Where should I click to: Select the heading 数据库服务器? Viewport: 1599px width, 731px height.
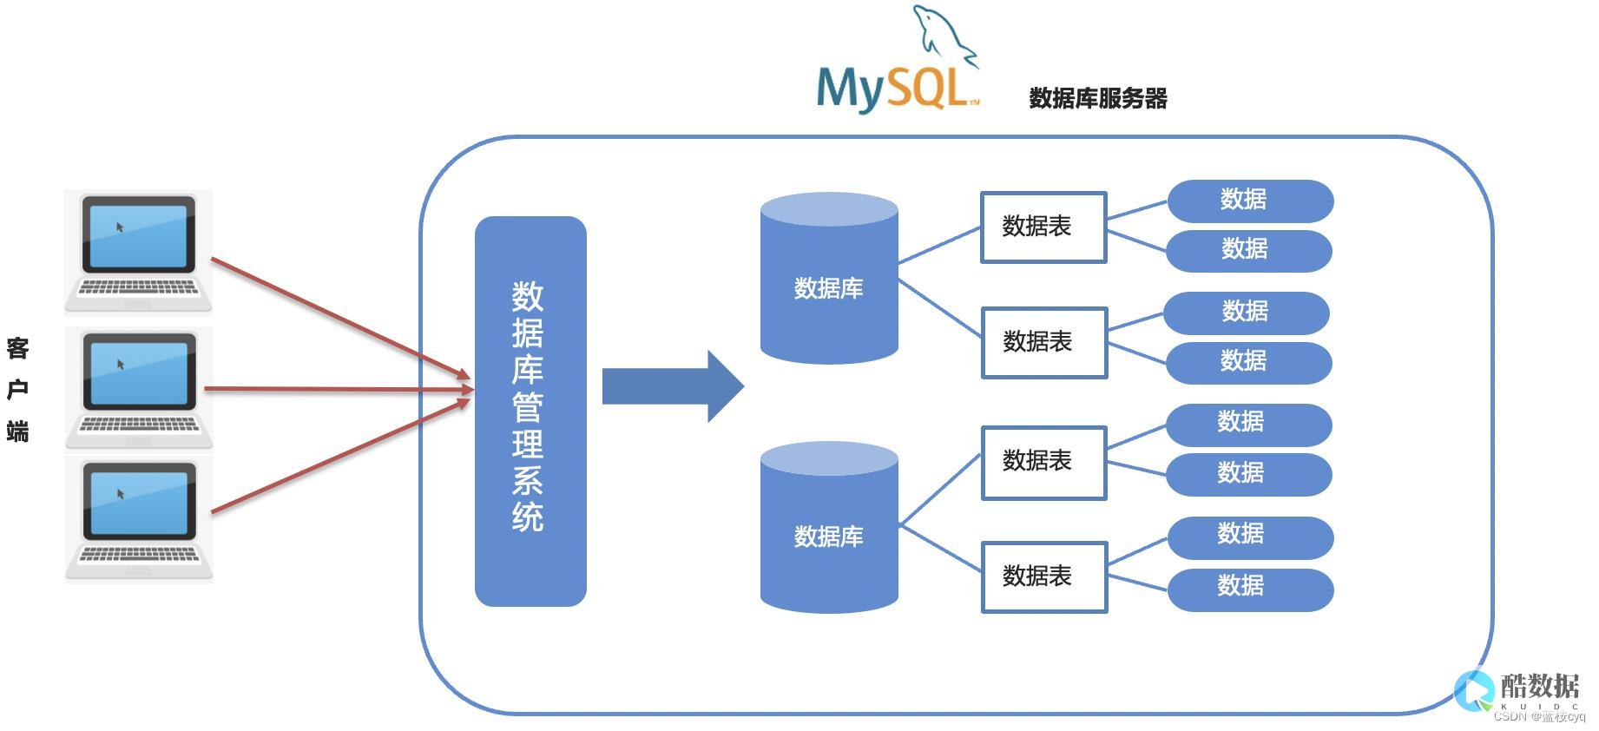point(1097,98)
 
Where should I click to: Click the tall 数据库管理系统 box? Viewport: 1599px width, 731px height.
point(530,411)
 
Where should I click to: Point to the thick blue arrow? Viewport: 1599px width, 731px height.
point(673,386)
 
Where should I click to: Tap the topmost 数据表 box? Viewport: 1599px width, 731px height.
point(1043,227)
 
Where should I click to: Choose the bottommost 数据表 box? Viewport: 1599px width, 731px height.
point(1044,577)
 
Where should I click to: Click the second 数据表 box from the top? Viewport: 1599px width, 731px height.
point(1044,342)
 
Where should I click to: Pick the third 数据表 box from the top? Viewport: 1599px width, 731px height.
point(1044,462)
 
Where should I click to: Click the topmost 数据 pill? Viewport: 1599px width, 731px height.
point(1249,201)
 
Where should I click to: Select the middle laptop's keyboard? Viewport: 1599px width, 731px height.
point(139,425)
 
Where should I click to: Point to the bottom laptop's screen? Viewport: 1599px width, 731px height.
point(139,502)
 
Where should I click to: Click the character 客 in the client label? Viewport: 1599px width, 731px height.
point(18,349)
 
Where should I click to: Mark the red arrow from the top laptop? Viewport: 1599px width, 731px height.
point(339,317)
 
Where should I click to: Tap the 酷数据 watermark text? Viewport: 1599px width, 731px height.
point(1539,686)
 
